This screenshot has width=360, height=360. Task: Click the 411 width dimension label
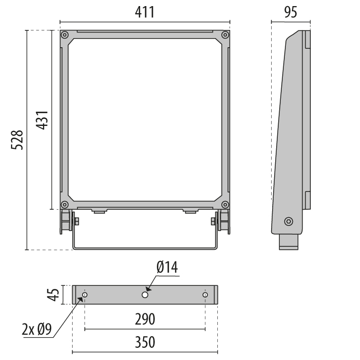[x=145, y=12]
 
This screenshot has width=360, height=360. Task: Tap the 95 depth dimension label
[x=290, y=12]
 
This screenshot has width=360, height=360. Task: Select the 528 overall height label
[x=17, y=140]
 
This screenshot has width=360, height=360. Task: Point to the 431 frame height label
[x=42, y=120]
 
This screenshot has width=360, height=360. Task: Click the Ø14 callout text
[x=167, y=268]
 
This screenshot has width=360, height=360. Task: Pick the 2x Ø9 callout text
[x=37, y=330]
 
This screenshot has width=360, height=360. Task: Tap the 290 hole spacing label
[x=145, y=319]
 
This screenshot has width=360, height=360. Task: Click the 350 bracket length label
[x=145, y=342]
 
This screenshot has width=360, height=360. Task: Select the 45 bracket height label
[x=53, y=294]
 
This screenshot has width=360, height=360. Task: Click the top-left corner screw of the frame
[x=65, y=35]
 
